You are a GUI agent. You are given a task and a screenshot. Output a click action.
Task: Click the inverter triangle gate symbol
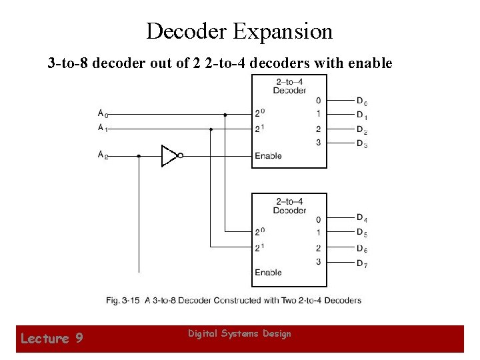169,156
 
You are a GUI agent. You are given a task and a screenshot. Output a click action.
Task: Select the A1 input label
102,128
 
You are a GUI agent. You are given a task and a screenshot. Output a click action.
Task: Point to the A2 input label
102,155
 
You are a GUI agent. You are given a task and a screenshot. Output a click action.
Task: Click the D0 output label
361,101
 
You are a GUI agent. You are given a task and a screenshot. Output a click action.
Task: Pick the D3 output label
361,143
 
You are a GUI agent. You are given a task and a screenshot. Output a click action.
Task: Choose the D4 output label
361,218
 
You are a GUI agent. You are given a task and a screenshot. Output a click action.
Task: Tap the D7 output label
361,263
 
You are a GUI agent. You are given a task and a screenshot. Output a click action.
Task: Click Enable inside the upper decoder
268,156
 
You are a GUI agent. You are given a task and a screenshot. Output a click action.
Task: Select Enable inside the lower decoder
268,272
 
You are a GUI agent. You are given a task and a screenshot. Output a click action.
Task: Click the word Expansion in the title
282,31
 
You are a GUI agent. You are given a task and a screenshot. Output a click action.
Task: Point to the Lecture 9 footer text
51,339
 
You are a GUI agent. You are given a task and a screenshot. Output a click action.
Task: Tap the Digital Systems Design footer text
239,333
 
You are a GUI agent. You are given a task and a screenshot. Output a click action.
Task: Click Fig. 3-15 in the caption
122,300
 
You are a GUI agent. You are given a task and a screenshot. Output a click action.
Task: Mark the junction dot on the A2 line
139,156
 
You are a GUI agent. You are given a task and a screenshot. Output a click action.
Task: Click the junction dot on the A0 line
225,115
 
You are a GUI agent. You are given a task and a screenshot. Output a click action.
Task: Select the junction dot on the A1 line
211,129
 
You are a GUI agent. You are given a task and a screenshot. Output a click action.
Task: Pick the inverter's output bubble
180,156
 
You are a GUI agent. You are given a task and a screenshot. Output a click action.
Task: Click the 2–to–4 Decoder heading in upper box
289,86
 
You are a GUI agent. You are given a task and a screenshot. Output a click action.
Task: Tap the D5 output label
361,233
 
